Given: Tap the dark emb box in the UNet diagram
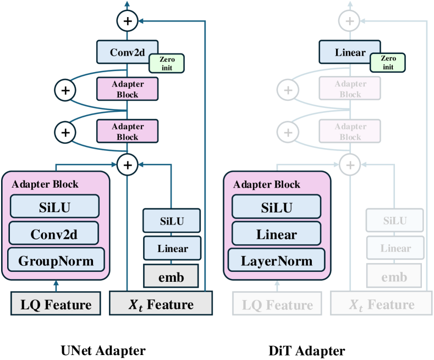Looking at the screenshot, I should coord(171,276).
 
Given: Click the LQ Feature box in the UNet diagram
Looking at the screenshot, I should coord(56,304).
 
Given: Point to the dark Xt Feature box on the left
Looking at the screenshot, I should coord(161,304).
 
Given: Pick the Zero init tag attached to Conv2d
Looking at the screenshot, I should coord(167,62).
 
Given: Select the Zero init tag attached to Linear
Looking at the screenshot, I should coord(388,62).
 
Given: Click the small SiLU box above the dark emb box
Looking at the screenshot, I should coord(171,221).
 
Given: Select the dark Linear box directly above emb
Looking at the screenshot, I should coord(171,248).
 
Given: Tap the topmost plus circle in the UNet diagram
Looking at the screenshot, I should coord(128,21).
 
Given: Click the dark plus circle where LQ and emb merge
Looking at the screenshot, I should coord(128,163).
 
